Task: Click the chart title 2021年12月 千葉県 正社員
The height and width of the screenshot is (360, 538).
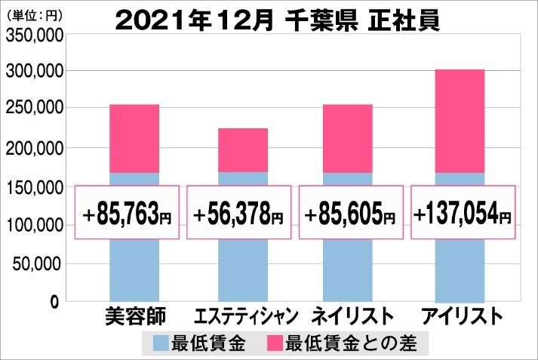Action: pyautogui.click(x=278, y=20)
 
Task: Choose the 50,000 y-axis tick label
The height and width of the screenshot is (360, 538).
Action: pyautogui.click(x=38, y=263)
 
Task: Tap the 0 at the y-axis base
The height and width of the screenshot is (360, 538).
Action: pyautogui.click(x=54, y=302)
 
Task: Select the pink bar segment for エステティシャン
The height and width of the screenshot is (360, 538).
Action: pyautogui.click(x=242, y=149)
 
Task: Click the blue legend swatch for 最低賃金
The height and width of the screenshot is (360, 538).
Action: pyautogui.click(x=161, y=344)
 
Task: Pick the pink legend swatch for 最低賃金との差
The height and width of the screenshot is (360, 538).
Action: pyautogui.click(x=275, y=344)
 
